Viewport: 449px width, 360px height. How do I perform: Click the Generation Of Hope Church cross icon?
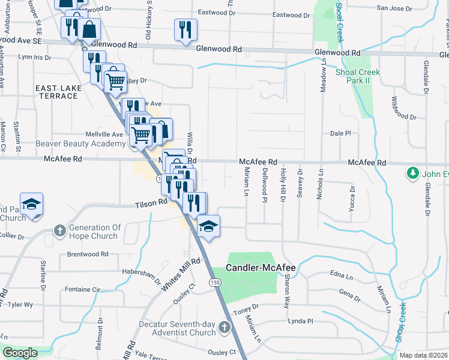[59, 230]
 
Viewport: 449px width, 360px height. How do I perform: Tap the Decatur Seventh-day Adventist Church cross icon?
[224, 328]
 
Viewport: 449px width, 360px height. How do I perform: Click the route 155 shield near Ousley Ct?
[214, 282]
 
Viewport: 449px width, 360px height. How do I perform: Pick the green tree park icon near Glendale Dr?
[412, 174]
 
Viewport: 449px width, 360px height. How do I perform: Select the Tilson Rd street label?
[150, 203]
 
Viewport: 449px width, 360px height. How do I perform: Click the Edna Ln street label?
[342, 276]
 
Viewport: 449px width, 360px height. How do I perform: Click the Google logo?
[20, 353]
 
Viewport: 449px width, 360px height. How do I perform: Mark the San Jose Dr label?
[394, 8]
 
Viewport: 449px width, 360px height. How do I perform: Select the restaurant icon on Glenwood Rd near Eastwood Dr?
[185, 29]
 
